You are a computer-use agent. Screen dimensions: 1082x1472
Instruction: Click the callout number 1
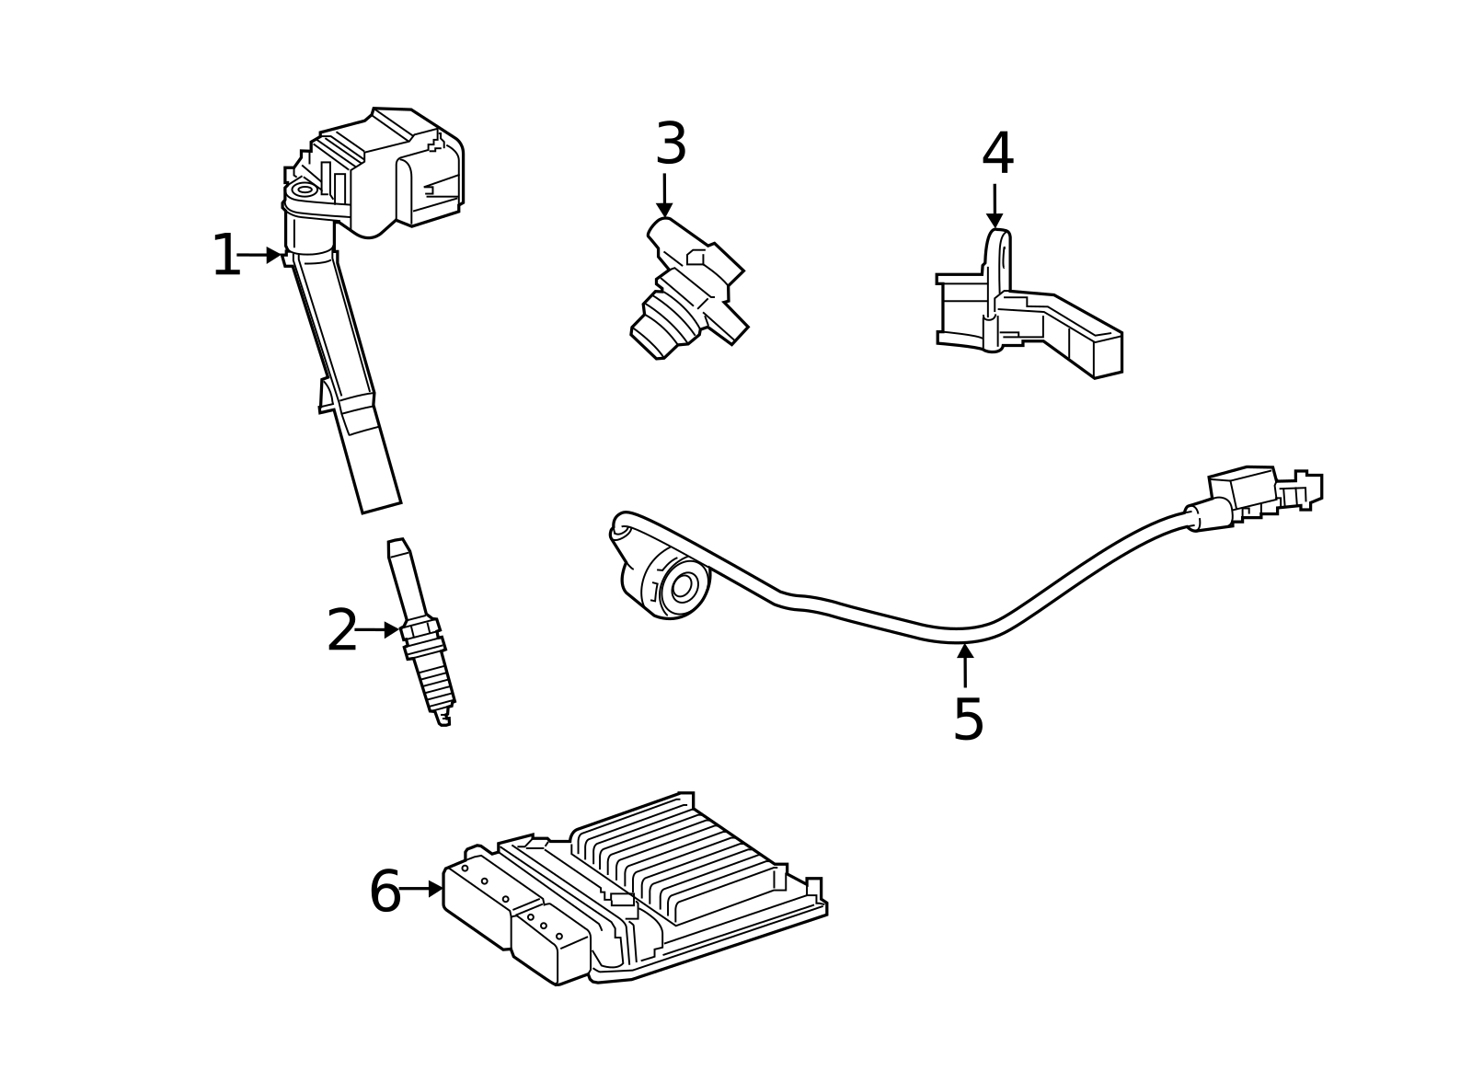[x=225, y=256]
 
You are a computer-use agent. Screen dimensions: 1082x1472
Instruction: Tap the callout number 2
[x=341, y=631]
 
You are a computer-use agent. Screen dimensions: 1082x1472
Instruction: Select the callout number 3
[x=671, y=144]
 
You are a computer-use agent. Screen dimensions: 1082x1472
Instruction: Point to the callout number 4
[x=997, y=154]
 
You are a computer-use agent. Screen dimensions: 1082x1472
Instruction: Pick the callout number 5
[x=968, y=719]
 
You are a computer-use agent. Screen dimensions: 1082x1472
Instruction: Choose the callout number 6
[x=385, y=892]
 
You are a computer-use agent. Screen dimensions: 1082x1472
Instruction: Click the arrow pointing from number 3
[x=664, y=195]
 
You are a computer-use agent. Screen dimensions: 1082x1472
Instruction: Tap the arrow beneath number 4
[x=995, y=206]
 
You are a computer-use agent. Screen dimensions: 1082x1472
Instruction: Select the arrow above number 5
[x=965, y=665]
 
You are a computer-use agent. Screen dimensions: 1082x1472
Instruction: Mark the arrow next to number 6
[x=421, y=889]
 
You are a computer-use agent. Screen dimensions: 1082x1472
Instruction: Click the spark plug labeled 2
[x=421, y=635]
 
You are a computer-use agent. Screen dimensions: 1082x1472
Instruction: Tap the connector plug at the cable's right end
[x=1265, y=492]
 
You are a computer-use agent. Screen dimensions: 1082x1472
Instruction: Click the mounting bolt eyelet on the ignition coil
[x=304, y=190]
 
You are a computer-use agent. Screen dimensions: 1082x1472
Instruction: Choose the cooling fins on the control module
[x=681, y=856]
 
